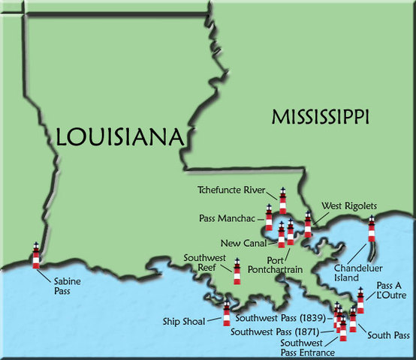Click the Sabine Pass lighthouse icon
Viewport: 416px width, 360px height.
tap(35, 256)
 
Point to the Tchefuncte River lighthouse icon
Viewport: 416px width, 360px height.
tap(283, 201)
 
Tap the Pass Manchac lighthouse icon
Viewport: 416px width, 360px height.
tap(269, 218)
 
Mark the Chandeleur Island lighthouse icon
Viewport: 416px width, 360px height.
tap(371, 229)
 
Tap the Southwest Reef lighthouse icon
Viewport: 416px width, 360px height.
tap(237, 271)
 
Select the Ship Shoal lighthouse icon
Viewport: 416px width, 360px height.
tap(226, 313)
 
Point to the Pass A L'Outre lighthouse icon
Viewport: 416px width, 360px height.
tap(360, 301)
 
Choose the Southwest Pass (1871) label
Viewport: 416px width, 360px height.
tap(275, 331)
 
